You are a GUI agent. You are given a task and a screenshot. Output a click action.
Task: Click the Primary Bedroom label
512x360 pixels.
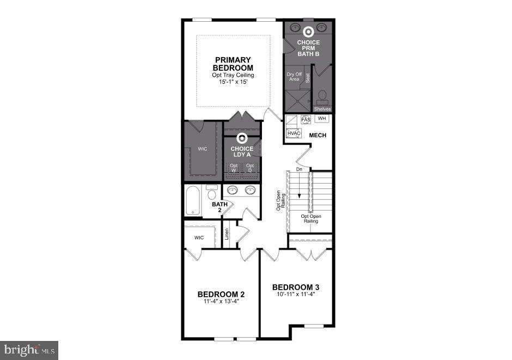(233, 63)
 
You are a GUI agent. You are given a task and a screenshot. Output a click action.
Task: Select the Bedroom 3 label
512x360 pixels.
(295, 287)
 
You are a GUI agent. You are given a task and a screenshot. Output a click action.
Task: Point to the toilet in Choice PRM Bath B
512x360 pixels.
(322, 97)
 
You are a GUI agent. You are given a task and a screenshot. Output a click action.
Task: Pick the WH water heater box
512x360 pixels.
(321, 118)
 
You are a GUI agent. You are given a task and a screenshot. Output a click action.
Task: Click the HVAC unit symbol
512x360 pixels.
(294, 133)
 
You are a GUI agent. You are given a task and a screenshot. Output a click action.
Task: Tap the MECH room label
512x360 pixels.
(318, 135)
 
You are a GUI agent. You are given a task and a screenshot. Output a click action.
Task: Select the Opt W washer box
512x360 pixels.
(234, 168)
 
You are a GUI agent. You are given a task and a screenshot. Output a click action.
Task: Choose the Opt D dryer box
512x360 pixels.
(250, 168)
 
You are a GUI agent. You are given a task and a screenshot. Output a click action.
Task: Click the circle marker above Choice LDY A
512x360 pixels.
(242, 139)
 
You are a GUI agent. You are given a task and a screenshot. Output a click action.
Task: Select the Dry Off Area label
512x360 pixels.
(294, 77)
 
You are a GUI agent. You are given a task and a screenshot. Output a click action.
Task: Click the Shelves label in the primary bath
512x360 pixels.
(322, 109)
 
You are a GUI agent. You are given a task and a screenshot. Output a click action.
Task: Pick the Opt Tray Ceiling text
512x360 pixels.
(233, 75)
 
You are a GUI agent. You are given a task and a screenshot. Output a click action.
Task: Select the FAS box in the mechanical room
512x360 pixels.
(306, 119)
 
